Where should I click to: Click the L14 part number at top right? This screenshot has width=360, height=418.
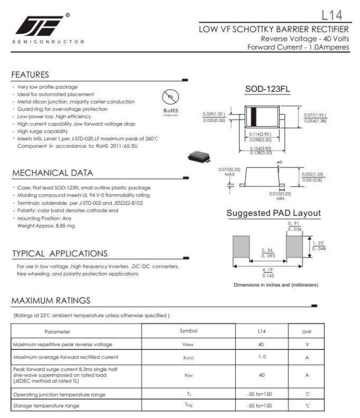(336, 14)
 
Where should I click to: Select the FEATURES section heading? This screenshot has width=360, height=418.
(30, 75)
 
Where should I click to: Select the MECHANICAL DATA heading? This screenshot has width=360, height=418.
(48, 172)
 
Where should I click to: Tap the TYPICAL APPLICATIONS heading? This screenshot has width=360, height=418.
(60, 254)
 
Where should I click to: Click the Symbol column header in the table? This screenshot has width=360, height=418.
(188, 331)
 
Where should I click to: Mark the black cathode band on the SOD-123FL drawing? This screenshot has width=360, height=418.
(254, 116)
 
